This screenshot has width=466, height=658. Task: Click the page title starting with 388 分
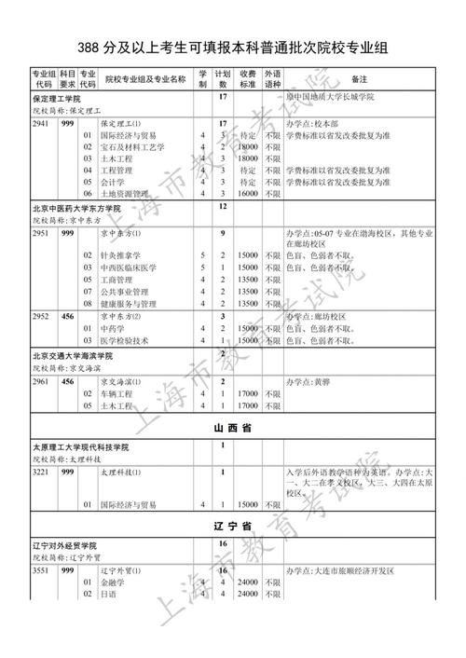[x=233, y=47]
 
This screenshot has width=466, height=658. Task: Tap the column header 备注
[x=359, y=80]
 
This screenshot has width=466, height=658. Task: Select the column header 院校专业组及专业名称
[x=146, y=80]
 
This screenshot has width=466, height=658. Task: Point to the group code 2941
[x=41, y=123]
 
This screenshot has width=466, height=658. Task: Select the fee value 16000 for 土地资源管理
[x=247, y=193]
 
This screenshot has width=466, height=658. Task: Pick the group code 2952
[x=41, y=316]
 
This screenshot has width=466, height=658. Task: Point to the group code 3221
[x=41, y=473]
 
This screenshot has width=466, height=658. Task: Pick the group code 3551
[x=41, y=569]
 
